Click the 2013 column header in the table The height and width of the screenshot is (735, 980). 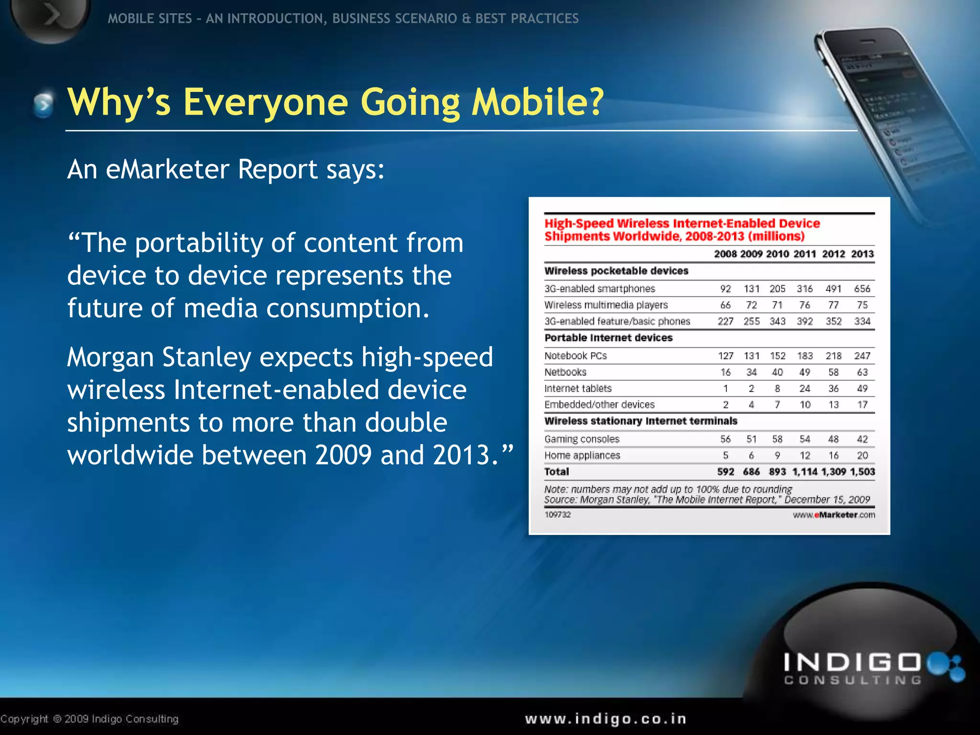pos(862,254)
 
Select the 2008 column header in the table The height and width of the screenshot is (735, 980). pos(725,254)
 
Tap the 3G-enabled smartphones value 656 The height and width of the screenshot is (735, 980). pos(862,289)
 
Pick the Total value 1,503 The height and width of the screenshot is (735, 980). pos(862,471)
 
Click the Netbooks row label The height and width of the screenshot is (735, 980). pos(565,372)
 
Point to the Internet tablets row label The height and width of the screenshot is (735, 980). pos(578,388)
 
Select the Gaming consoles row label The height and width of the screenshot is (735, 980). pos(581,439)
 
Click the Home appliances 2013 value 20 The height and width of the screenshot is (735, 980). pos(862,455)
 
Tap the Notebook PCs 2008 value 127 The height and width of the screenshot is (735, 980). pos(725,356)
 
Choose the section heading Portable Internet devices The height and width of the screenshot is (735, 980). pos(608,338)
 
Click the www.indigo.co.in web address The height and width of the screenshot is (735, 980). pos(605,719)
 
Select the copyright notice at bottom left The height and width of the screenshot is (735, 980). pos(89,719)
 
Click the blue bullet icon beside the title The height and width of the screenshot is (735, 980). pos(44,103)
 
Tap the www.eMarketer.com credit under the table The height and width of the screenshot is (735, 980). pos(834,515)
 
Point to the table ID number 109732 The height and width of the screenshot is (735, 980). pos(557,514)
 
